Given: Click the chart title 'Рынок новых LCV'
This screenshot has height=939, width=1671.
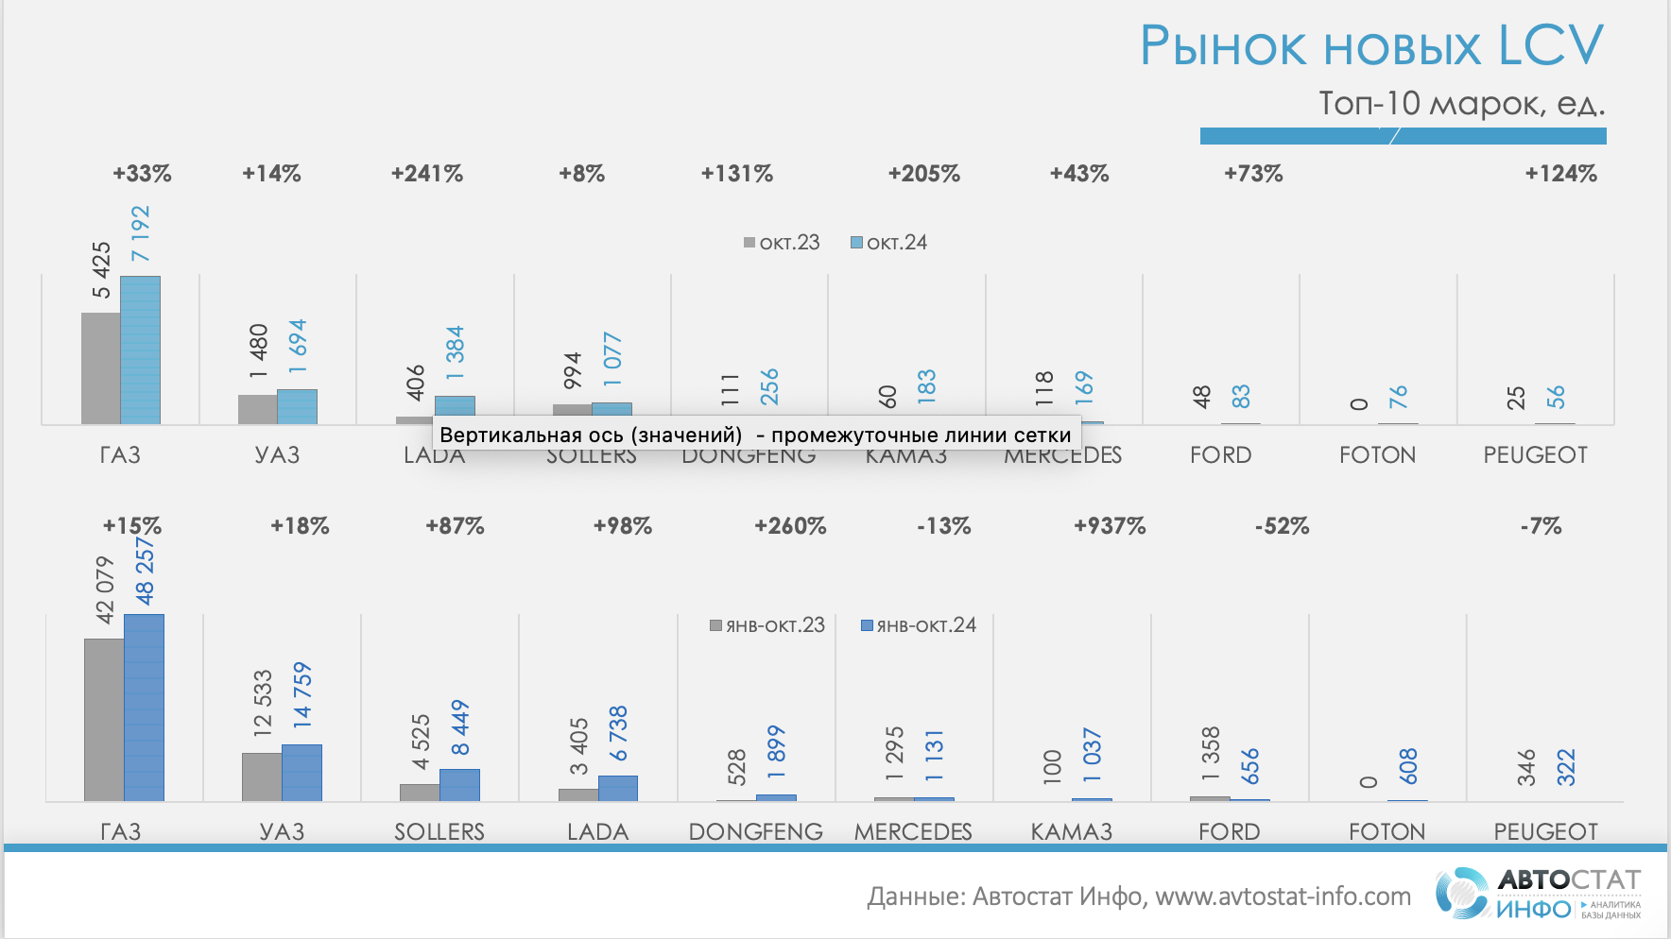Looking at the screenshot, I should [1371, 45].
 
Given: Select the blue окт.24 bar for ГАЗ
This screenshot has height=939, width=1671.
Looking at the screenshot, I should [140, 350].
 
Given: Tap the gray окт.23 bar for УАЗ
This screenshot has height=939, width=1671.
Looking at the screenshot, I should [257, 409].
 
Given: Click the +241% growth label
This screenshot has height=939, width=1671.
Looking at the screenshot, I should [427, 174].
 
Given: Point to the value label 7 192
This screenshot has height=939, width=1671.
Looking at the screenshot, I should [140, 233].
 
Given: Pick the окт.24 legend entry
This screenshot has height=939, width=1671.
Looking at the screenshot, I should [888, 243].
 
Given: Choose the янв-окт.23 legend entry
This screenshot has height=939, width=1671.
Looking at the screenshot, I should [767, 625].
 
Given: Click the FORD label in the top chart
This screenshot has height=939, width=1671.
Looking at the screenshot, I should [1220, 455].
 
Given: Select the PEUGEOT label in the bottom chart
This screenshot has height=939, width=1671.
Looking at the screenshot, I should [1545, 832].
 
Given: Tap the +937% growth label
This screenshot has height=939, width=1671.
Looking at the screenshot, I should [1110, 526].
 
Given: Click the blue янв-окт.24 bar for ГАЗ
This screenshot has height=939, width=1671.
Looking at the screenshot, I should [144, 708].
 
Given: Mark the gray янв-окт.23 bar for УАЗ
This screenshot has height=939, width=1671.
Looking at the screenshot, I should [262, 777].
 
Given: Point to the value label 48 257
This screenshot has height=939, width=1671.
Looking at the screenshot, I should [145, 572].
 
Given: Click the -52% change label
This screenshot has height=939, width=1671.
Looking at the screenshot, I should [1282, 526].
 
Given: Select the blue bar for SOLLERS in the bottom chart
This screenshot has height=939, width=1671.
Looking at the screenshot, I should [459, 785].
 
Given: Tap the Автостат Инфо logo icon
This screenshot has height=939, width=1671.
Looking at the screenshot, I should [1461, 893].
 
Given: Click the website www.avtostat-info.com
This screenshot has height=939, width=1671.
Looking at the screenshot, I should [1283, 896].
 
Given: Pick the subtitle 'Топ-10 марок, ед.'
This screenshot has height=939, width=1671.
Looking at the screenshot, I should [1461, 103].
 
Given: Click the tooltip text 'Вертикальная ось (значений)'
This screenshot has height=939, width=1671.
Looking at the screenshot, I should [591, 435].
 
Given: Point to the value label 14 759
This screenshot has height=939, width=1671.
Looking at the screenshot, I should [302, 694].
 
